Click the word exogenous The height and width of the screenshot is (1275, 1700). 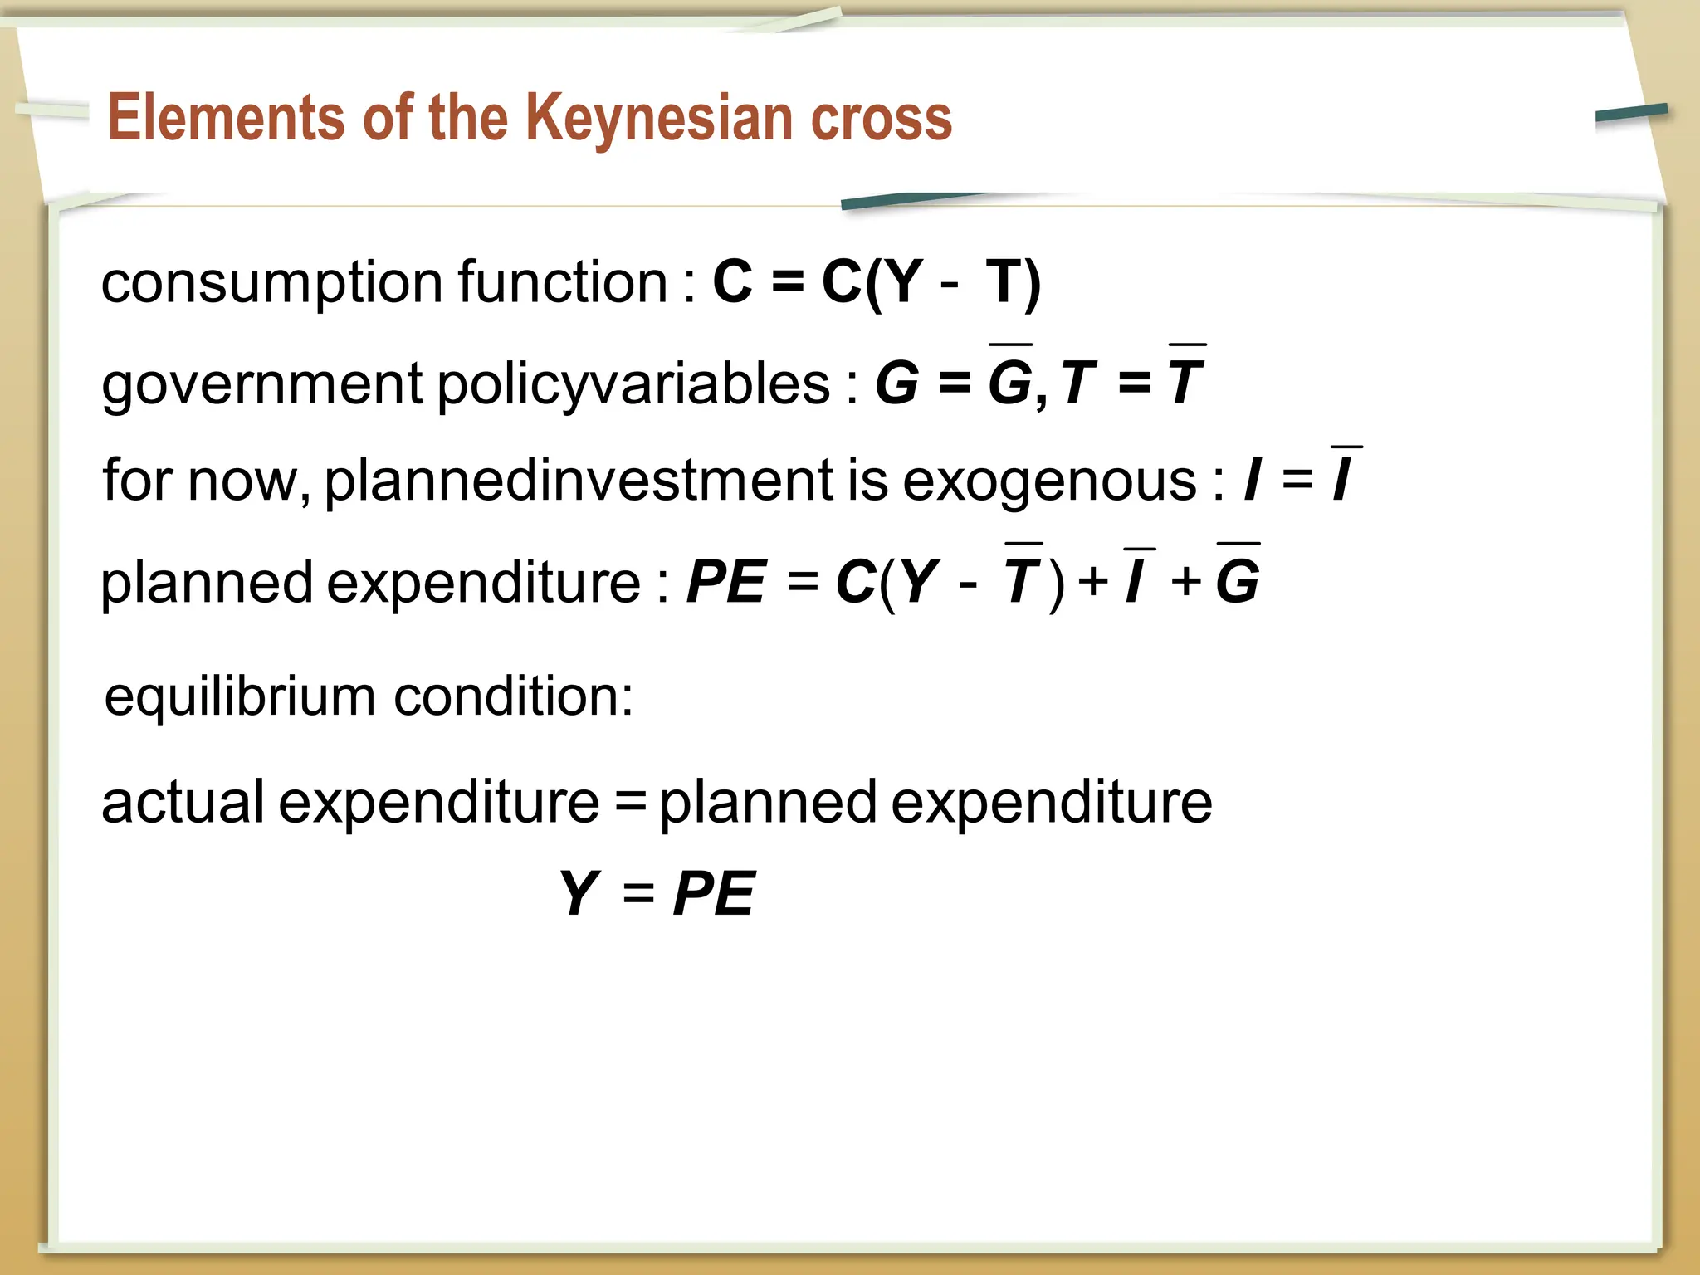(x=1050, y=482)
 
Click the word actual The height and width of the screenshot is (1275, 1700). (x=183, y=802)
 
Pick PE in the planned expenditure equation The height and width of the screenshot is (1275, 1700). (x=725, y=582)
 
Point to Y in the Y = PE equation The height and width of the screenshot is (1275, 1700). (x=579, y=895)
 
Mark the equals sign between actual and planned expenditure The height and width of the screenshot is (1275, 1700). (x=631, y=804)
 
